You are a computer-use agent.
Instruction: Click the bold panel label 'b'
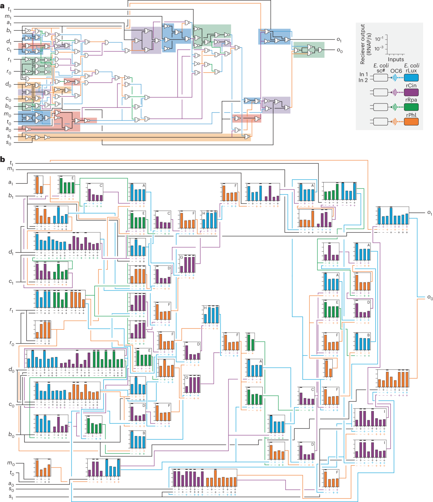(x=3, y=159)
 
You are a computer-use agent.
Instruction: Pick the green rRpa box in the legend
(x=411, y=107)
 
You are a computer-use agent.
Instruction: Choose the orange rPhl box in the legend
(x=411, y=122)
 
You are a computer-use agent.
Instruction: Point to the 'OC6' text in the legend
(x=396, y=71)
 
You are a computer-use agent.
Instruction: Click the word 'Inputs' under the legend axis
(x=396, y=60)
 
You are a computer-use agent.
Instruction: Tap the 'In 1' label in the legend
(x=363, y=74)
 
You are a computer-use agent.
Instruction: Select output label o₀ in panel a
(x=339, y=50)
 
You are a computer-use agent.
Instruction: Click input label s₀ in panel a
(x=9, y=143)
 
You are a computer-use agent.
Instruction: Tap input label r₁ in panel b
(x=11, y=310)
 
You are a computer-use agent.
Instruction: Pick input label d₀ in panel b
(x=12, y=370)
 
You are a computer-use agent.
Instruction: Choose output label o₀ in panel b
(x=430, y=297)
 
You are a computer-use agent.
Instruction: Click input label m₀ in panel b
(x=11, y=463)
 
